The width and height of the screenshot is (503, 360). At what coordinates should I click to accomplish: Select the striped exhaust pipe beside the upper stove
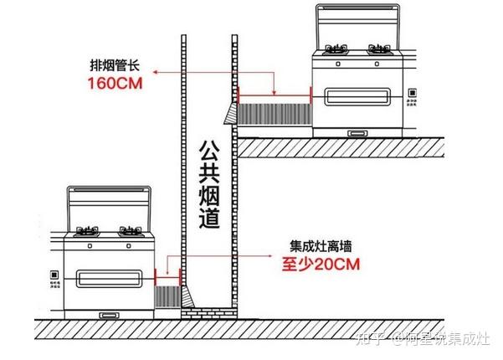(275, 113)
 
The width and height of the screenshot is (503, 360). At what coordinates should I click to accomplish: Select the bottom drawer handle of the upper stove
(358, 132)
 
